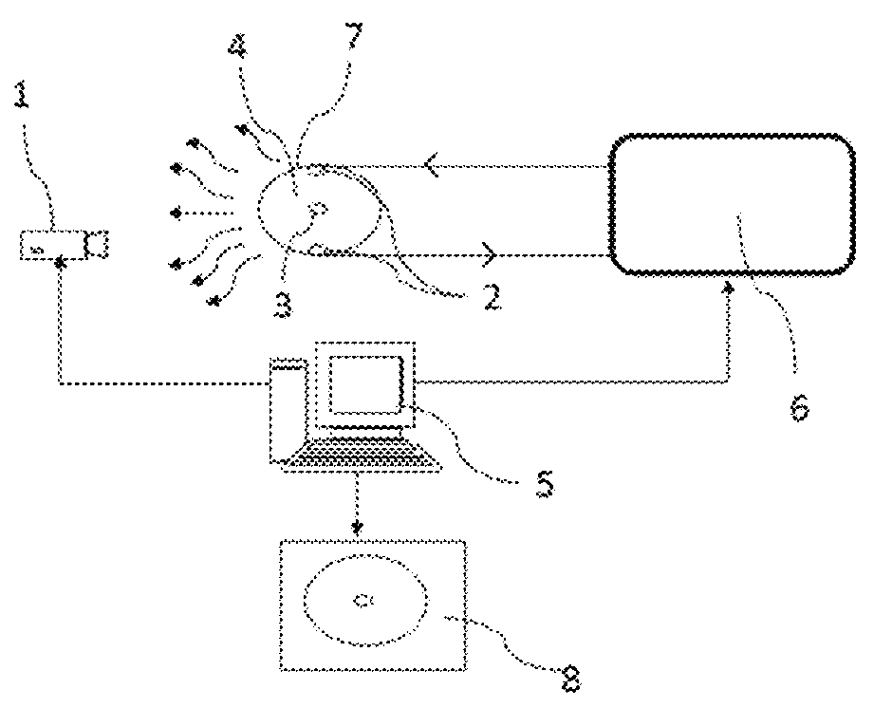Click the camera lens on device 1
[97, 245]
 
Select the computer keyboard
[363, 456]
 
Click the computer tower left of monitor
[288, 408]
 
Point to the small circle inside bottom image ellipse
[363, 599]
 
